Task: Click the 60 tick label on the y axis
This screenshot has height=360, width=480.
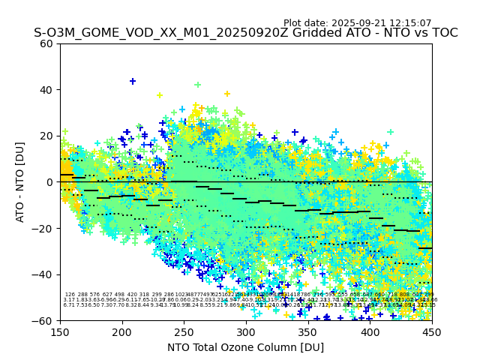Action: (47, 43)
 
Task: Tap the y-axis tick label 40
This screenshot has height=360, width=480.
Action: (47, 90)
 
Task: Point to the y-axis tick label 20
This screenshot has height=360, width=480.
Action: (47, 136)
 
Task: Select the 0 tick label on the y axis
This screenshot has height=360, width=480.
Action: (50, 182)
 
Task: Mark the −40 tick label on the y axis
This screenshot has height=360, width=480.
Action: (44, 274)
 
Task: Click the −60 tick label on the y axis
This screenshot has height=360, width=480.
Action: (44, 320)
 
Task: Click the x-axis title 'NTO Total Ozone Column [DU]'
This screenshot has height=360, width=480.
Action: (246, 347)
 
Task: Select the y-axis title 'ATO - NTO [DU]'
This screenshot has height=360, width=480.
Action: (20, 182)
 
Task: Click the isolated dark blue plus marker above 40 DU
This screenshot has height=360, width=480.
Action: (133, 81)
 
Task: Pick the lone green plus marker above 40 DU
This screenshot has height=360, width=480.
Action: (198, 85)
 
